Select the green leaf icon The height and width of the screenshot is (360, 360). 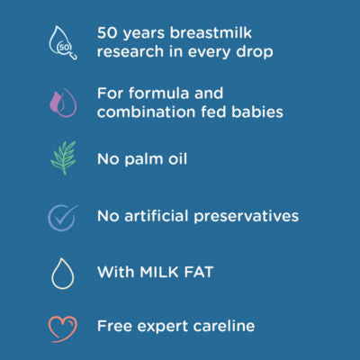62,157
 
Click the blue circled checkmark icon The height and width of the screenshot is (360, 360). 62,217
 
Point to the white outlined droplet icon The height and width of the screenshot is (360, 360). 62,273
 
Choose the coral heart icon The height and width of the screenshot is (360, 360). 62,327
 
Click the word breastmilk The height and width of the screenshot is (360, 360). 234,31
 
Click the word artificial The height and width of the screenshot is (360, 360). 164,216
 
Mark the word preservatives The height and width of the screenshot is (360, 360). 252,217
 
